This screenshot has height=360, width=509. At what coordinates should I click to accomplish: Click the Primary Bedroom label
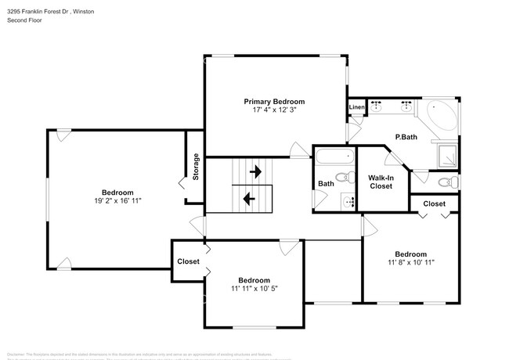(273, 102)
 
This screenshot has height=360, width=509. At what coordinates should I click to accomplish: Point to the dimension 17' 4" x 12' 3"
(273, 110)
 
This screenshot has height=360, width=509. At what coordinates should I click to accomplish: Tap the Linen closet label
(356, 107)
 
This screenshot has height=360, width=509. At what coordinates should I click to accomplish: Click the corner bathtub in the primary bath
(440, 118)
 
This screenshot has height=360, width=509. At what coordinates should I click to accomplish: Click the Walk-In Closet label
(381, 182)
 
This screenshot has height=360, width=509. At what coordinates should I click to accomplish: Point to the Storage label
(196, 167)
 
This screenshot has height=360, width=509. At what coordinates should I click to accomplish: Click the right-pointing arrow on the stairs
(255, 171)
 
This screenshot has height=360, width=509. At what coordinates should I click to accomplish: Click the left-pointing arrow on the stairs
(249, 198)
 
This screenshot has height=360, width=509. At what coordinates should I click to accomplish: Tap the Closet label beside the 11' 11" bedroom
(188, 261)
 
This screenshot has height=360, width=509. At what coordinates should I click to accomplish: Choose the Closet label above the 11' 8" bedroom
(434, 203)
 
